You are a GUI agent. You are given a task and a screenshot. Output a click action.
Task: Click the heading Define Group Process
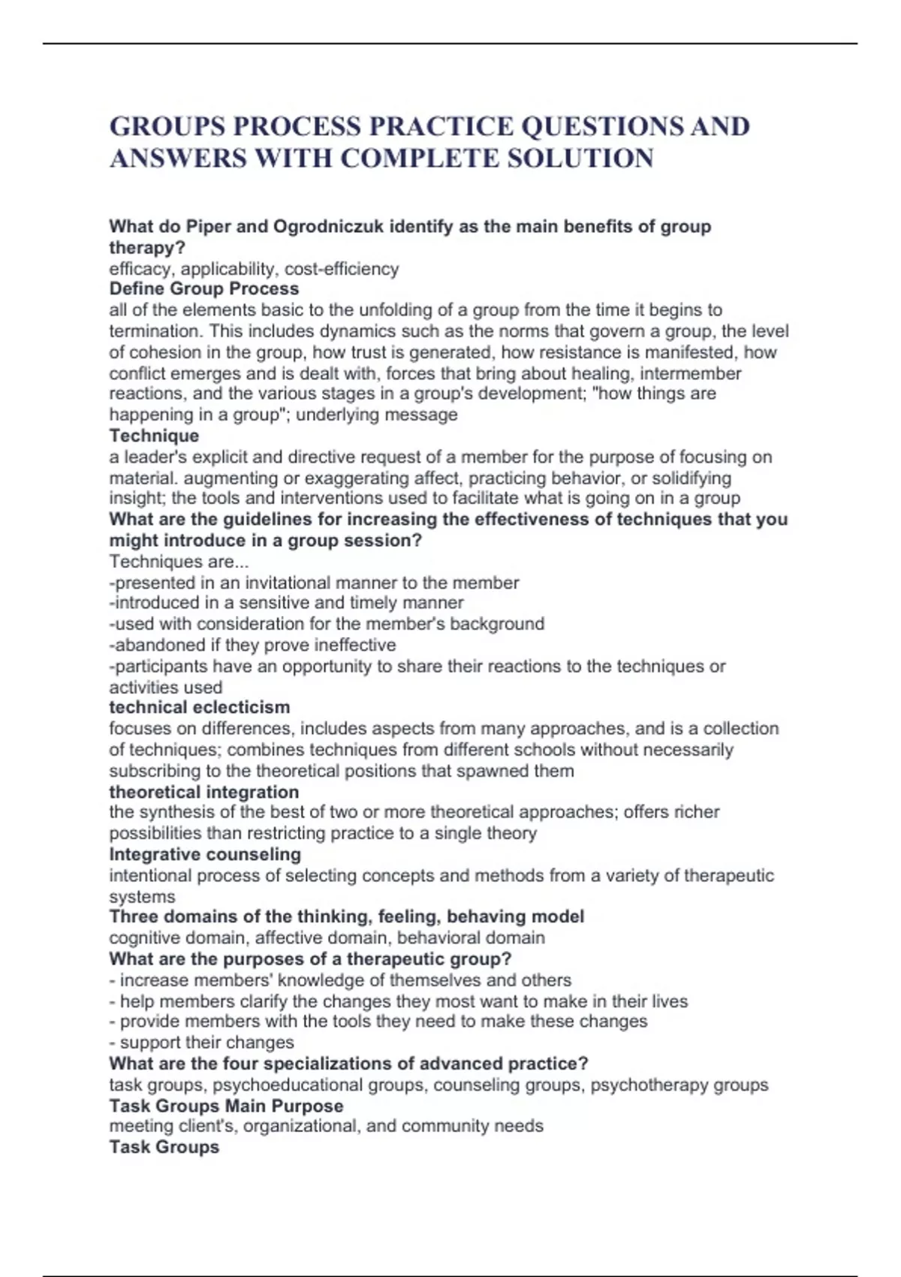203,288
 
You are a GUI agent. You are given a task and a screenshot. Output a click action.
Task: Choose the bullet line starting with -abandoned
252,645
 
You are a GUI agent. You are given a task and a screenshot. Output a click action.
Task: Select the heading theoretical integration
203,792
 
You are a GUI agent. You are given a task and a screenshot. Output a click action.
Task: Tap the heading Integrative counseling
205,854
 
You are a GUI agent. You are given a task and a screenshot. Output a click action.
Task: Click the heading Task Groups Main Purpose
226,1106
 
